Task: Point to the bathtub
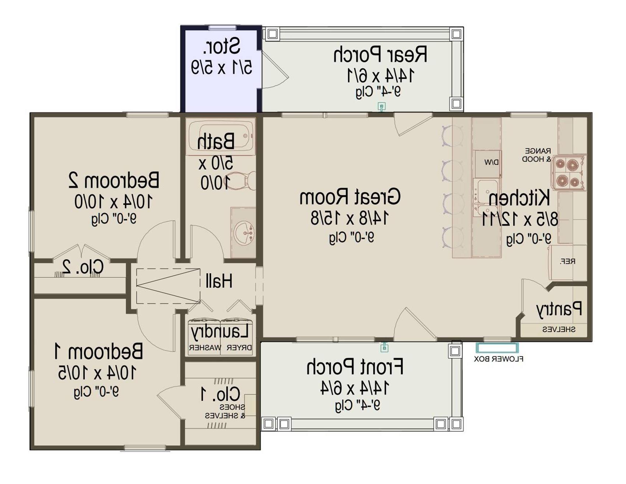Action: pyautogui.click(x=221, y=136)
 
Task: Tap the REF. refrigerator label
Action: pyautogui.click(x=567, y=261)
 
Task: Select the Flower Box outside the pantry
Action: pyautogui.click(x=497, y=348)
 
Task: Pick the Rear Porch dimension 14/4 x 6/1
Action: pyautogui.click(x=381, y=75)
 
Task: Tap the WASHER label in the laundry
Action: pyautogui.click(x=205, y=347)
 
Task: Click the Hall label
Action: pyautogui.click(x=219, y=281)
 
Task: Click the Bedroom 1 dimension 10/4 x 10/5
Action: pyautogui.click(x=97, y=372)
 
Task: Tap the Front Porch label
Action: pyautogui.click(x=355, y=367)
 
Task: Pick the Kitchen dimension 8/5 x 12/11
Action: pyautogui.click(x=520, y=219)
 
